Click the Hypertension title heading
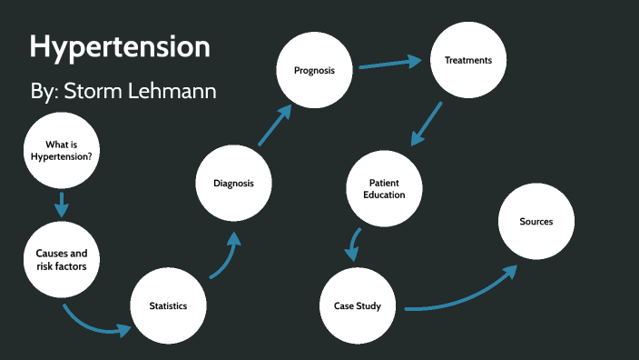pyautogui.click(x=120, y=47)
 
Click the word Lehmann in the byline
pyautogui.click(x=178, y=92)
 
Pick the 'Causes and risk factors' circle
pyautogui.click(x=62, y=259)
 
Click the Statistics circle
pyautogui.click(x=168, y=305)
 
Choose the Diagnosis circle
pyautogui.click(x=234, y=183)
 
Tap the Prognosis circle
pyautogui.click(x=314, y=70)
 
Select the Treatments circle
pyautogui.click(x=467, y=61)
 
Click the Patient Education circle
pyautogui.click(x=386, y=188)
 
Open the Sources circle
pyautogui.click(x=536, y=222)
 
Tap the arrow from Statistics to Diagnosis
pyautogui.click(x=224, y=257)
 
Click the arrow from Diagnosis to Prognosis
pyautogui.click(x=274, y=125)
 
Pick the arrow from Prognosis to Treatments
pyautogui.click(x=390, y=64)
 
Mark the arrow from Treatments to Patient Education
pyautogui.click(x=427, y=123)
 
